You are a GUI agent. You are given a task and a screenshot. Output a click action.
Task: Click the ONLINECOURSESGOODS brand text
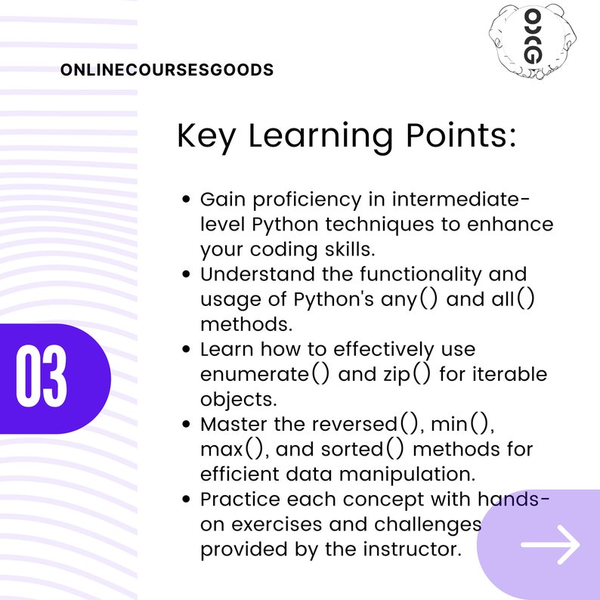166,70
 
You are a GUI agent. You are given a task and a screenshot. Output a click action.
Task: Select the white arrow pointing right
550,543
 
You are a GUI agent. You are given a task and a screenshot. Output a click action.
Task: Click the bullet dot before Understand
187,274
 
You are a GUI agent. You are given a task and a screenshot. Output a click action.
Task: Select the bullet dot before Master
187,425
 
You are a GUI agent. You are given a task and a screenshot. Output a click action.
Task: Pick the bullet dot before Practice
187,499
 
